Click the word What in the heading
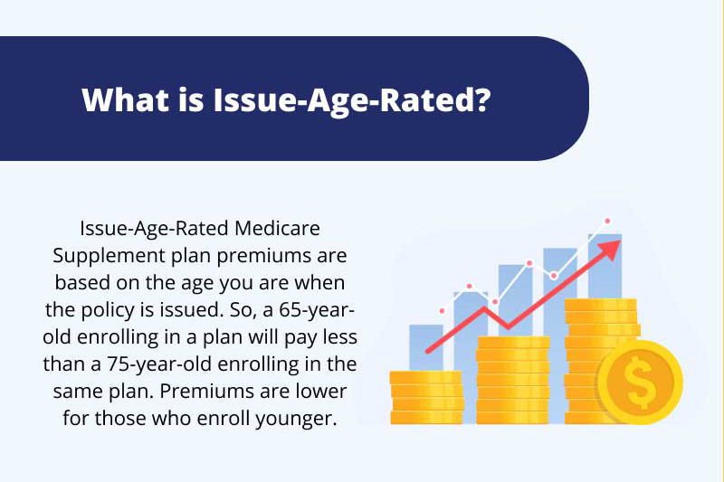125,99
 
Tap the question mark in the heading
482,99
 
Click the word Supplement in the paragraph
109,257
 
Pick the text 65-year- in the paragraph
317,310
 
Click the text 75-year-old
159,364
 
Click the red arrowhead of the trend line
608,250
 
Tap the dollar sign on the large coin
640,383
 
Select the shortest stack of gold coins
426,397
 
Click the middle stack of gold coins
513,380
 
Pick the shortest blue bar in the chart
426,347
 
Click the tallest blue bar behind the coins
605,266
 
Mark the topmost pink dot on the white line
607,221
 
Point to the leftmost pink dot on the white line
442,311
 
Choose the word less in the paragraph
340,337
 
